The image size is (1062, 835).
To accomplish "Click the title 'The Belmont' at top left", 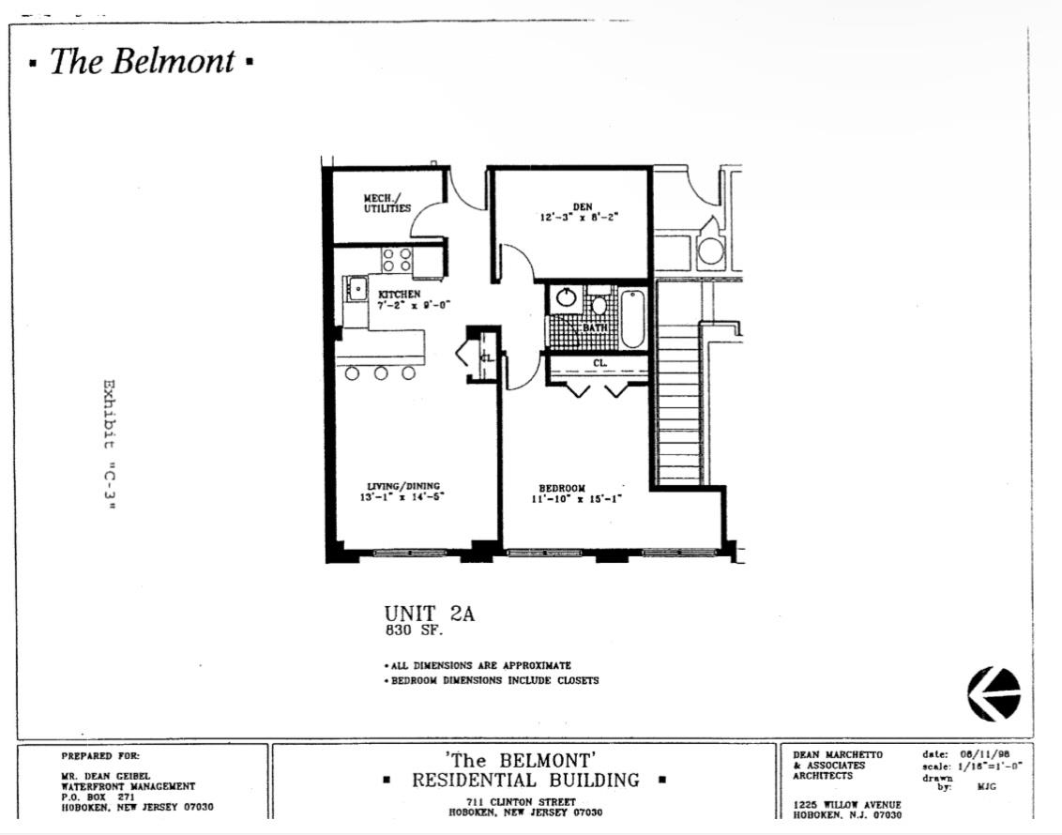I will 142,62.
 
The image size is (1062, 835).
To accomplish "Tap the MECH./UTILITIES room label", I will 387,203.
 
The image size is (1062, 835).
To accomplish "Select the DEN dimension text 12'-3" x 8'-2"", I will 579,217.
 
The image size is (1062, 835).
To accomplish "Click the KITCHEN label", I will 399,294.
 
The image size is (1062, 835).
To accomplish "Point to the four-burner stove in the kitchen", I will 397,260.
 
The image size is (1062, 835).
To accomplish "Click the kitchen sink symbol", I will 356,289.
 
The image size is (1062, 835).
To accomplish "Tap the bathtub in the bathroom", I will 632,318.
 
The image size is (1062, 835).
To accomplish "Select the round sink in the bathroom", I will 566,298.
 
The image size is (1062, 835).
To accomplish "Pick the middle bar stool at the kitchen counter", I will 381,373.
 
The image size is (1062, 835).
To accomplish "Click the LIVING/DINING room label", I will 403,486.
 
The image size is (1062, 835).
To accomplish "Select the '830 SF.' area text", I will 407,631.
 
